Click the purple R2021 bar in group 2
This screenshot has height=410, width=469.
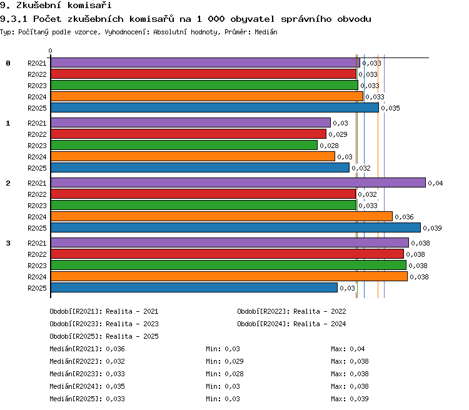pyautogui.click(x=238, y=182)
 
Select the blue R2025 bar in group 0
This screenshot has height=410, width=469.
pyautogui.click(x=214, y=107)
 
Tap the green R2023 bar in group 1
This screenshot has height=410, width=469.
pyautogui.click(x=184, y=145)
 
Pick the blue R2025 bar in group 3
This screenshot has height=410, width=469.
pyautogui.click(x=194, y=287)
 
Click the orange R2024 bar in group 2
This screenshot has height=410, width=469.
pyautogui.click(x=221, y=216)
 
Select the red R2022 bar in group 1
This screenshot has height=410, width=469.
pyautogui.click(x=188, y=134)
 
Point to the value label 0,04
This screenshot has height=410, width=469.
pyautogui.click(x=435, y=183)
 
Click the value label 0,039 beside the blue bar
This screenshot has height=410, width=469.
pyautogui.click(x=432, y=228)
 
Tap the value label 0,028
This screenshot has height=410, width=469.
pyautogui.click(x=329, y=146)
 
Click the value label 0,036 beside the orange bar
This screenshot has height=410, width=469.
pyautogui.click(x=404, y=217)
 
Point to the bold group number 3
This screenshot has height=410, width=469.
pyautogui.click(x=8, y=243)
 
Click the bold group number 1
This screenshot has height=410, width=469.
pyautogui.click(x=8, y=123)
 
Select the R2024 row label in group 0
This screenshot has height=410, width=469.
pyautogui.click(x=37, y=97)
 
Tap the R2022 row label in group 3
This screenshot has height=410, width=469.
pyautogui.click(x=37, y=254)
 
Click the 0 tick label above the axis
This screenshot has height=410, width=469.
pyautogui.click(x=50, y=51)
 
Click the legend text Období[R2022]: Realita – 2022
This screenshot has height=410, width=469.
pyautogui.click(x=291, y=312)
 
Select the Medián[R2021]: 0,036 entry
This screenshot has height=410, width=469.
pyautogui.click(x=87, y=349)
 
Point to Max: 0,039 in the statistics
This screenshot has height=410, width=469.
pyautogui.click(x=350, y=399)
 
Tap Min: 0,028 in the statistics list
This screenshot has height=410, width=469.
pyautogui.click(x=224, y=374)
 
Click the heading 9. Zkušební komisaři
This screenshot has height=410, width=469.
pyautogui.click(x=56, y=5)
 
